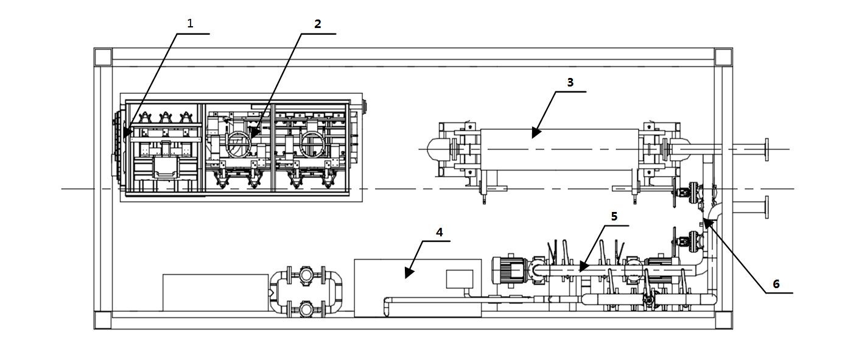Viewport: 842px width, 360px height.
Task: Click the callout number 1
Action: click(190, 23)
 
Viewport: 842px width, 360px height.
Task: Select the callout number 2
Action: click(318, 24)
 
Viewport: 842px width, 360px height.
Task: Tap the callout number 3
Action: click(570, 82)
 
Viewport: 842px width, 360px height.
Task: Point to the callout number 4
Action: click(439, 232)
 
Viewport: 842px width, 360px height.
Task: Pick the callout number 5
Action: click(614, 216)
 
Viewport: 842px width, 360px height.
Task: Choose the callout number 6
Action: click(776, 284)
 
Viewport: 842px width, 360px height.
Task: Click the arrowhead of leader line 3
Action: click(536, 132)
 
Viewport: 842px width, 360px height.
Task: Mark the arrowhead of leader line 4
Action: click(409, 272)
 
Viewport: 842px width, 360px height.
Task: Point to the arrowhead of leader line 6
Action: click(707, 223)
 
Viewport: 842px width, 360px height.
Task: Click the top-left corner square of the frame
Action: click(103, 57)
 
